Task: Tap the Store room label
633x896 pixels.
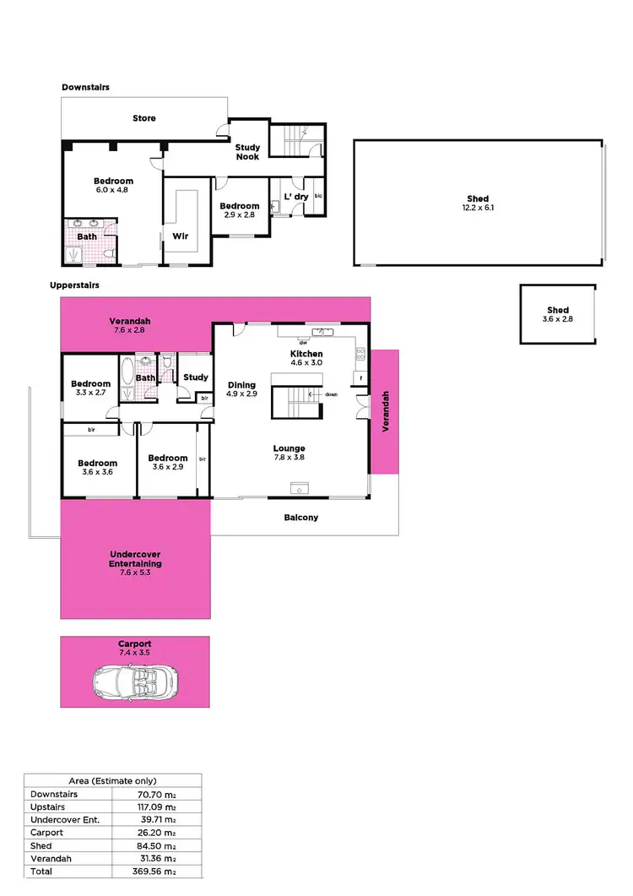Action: coord(144,118)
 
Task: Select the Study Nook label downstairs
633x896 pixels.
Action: coord(247,152)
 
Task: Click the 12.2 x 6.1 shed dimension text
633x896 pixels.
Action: coord(478,208)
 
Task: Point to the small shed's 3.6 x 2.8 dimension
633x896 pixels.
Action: coord(558,320)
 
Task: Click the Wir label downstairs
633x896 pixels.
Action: coord(180,236)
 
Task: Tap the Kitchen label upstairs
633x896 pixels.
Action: coord(306,353)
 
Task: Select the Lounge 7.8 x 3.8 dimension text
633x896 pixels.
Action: coord(289,459)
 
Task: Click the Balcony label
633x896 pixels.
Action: coord(301,518)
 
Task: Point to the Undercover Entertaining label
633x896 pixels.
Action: coord(135,559)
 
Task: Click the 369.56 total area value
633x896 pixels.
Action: coord(159,871)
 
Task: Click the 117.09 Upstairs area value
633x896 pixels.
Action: coord(159,807)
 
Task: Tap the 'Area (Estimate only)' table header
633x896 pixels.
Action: coord(112,781)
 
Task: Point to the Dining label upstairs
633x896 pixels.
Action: coord(241,385)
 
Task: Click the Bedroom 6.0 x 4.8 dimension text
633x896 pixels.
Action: coord(113,191)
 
